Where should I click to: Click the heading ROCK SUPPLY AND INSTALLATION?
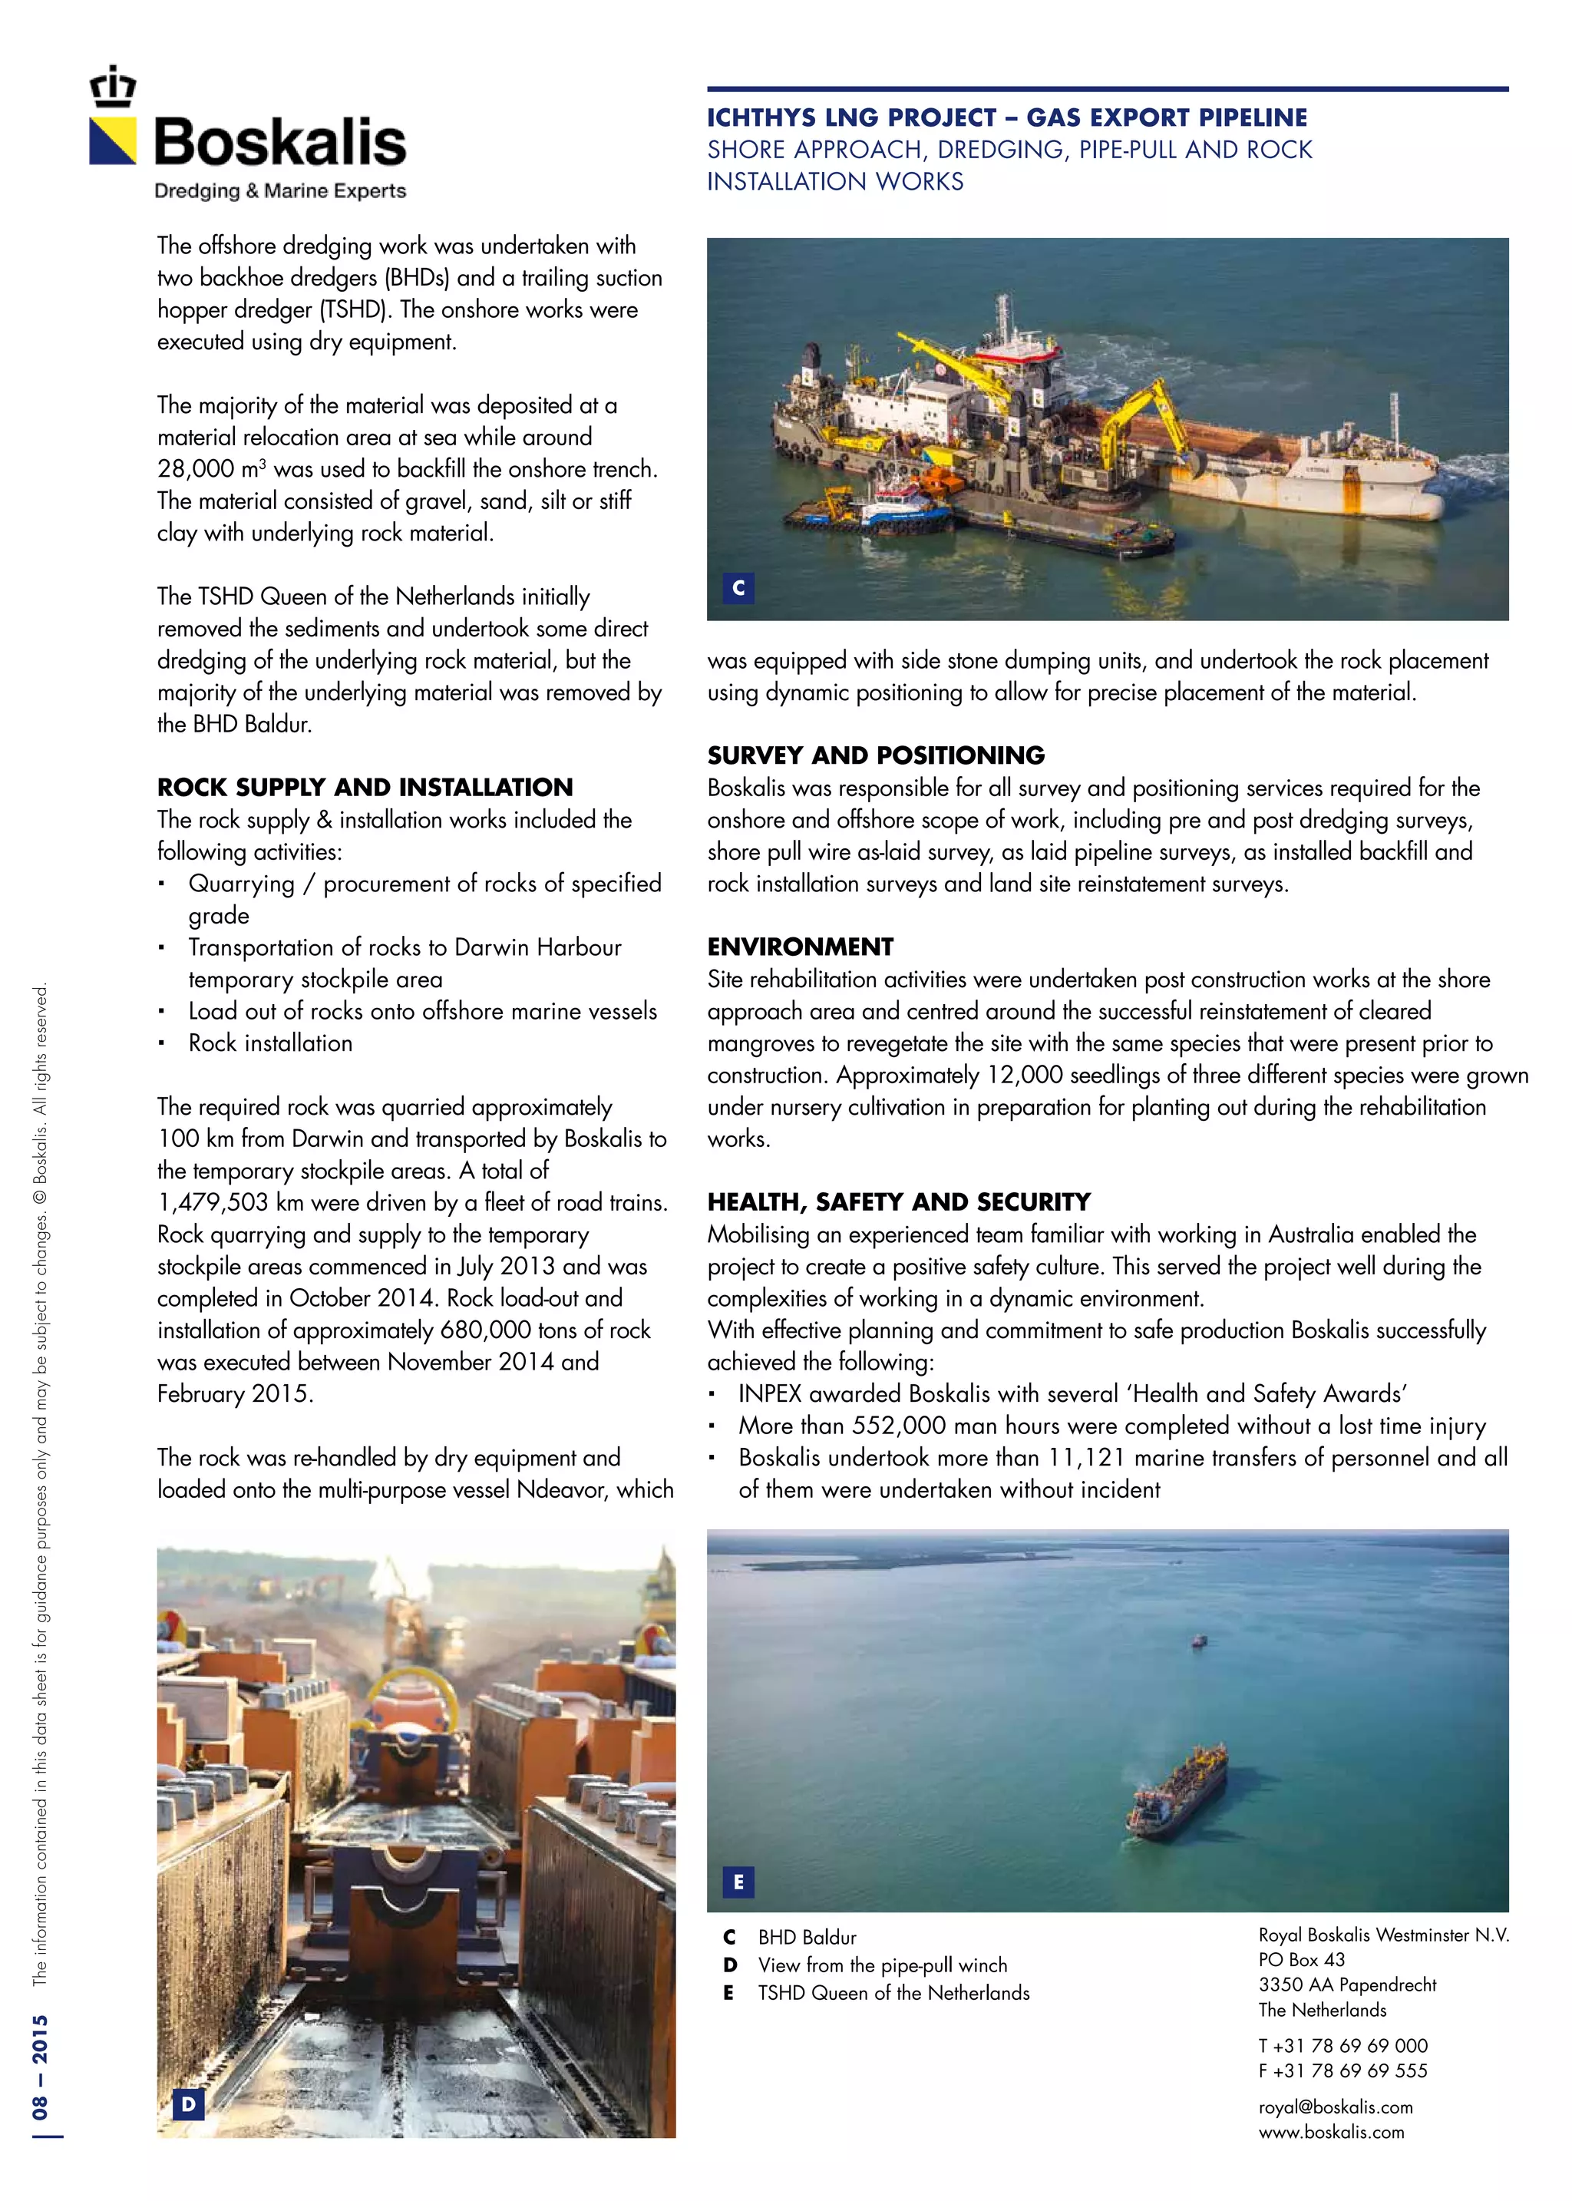coord(365,787)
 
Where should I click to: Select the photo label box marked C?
coord(738,587)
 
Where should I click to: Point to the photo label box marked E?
coord(738,1882)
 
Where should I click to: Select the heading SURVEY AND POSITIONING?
coord(875,755)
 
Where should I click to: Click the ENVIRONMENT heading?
coord(800,947)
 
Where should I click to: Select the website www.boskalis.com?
coord(1331,2131)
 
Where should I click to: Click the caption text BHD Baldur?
coord(806,1937)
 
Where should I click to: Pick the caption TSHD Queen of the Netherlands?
coord(893,1992)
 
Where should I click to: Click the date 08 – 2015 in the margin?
coord(41,2067)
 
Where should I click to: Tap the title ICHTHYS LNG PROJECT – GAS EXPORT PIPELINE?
coord(1007,118)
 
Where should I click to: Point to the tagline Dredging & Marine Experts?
coord(279,190)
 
